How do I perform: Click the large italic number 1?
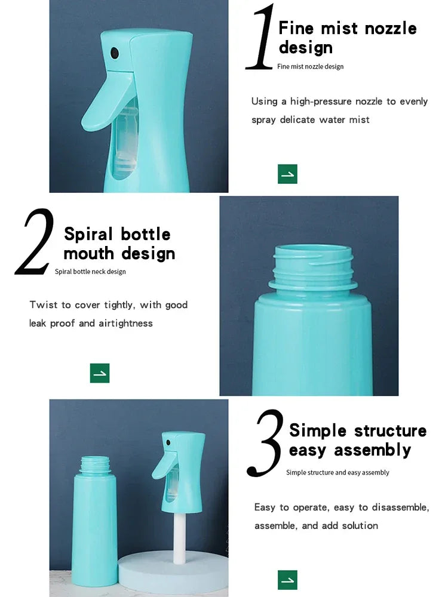[261, 38]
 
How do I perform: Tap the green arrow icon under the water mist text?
[287, 174]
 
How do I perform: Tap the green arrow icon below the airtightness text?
[100, 373]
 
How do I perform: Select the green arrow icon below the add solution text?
[287, 580]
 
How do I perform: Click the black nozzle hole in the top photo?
[115, 54]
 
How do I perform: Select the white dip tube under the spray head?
[177, 531]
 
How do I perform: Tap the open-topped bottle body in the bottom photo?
[94, 525]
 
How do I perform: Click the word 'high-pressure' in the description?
[321, 101]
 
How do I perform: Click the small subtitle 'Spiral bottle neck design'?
[90, 272]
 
